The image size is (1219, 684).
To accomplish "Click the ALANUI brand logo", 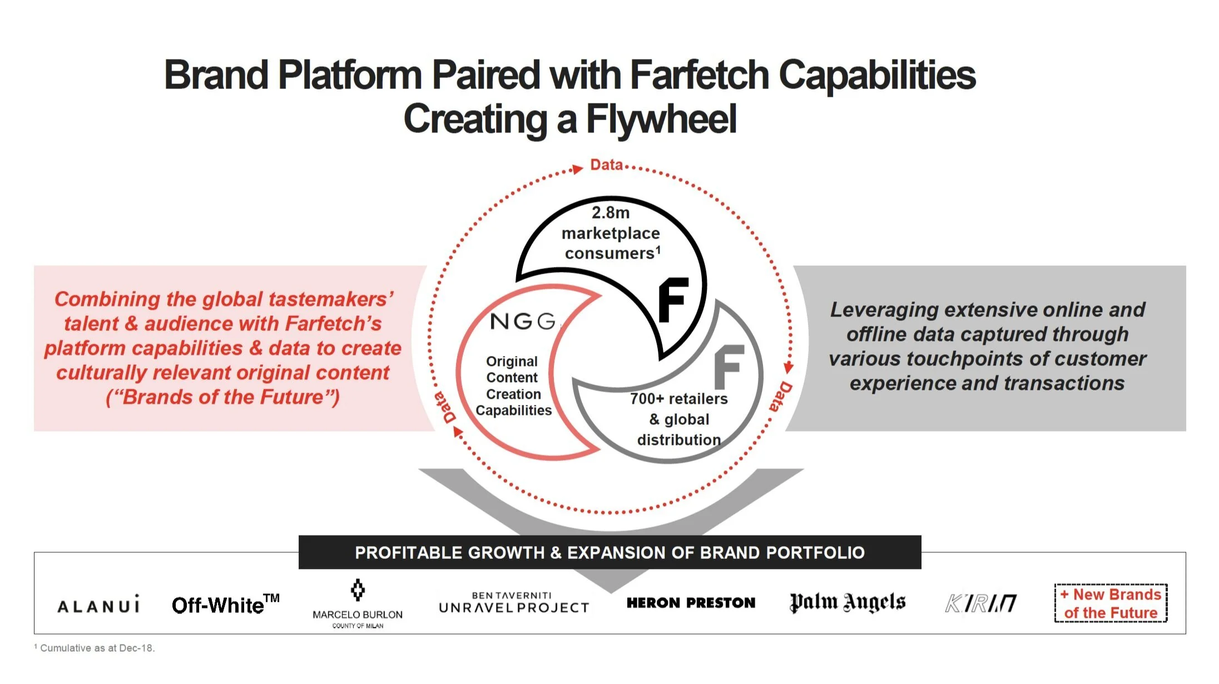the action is tap(98, 605).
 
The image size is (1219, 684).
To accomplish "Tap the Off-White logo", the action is tap(225, 604).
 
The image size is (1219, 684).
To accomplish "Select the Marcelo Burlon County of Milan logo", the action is tap(358, 604).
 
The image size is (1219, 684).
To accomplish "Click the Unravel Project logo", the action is tap(514, 603).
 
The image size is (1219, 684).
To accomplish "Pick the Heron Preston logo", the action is tap(691, 603).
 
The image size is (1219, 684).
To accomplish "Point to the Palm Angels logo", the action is tap(848, 602).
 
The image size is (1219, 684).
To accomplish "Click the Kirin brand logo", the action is tap(981, 603).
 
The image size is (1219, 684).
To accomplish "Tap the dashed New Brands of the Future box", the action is tap(1111, 603).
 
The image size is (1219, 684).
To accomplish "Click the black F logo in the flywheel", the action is tap(673, 300).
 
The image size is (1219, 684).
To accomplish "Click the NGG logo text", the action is tap(523, 321).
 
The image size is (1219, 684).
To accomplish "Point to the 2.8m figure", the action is tap(611, 212).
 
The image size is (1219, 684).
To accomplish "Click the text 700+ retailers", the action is tap(678, 399).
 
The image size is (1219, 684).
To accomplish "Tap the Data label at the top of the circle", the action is tap(606, 165).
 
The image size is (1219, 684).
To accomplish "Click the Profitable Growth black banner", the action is tap(609, 552).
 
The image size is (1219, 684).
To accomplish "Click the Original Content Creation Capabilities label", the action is tap(513, 386).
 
